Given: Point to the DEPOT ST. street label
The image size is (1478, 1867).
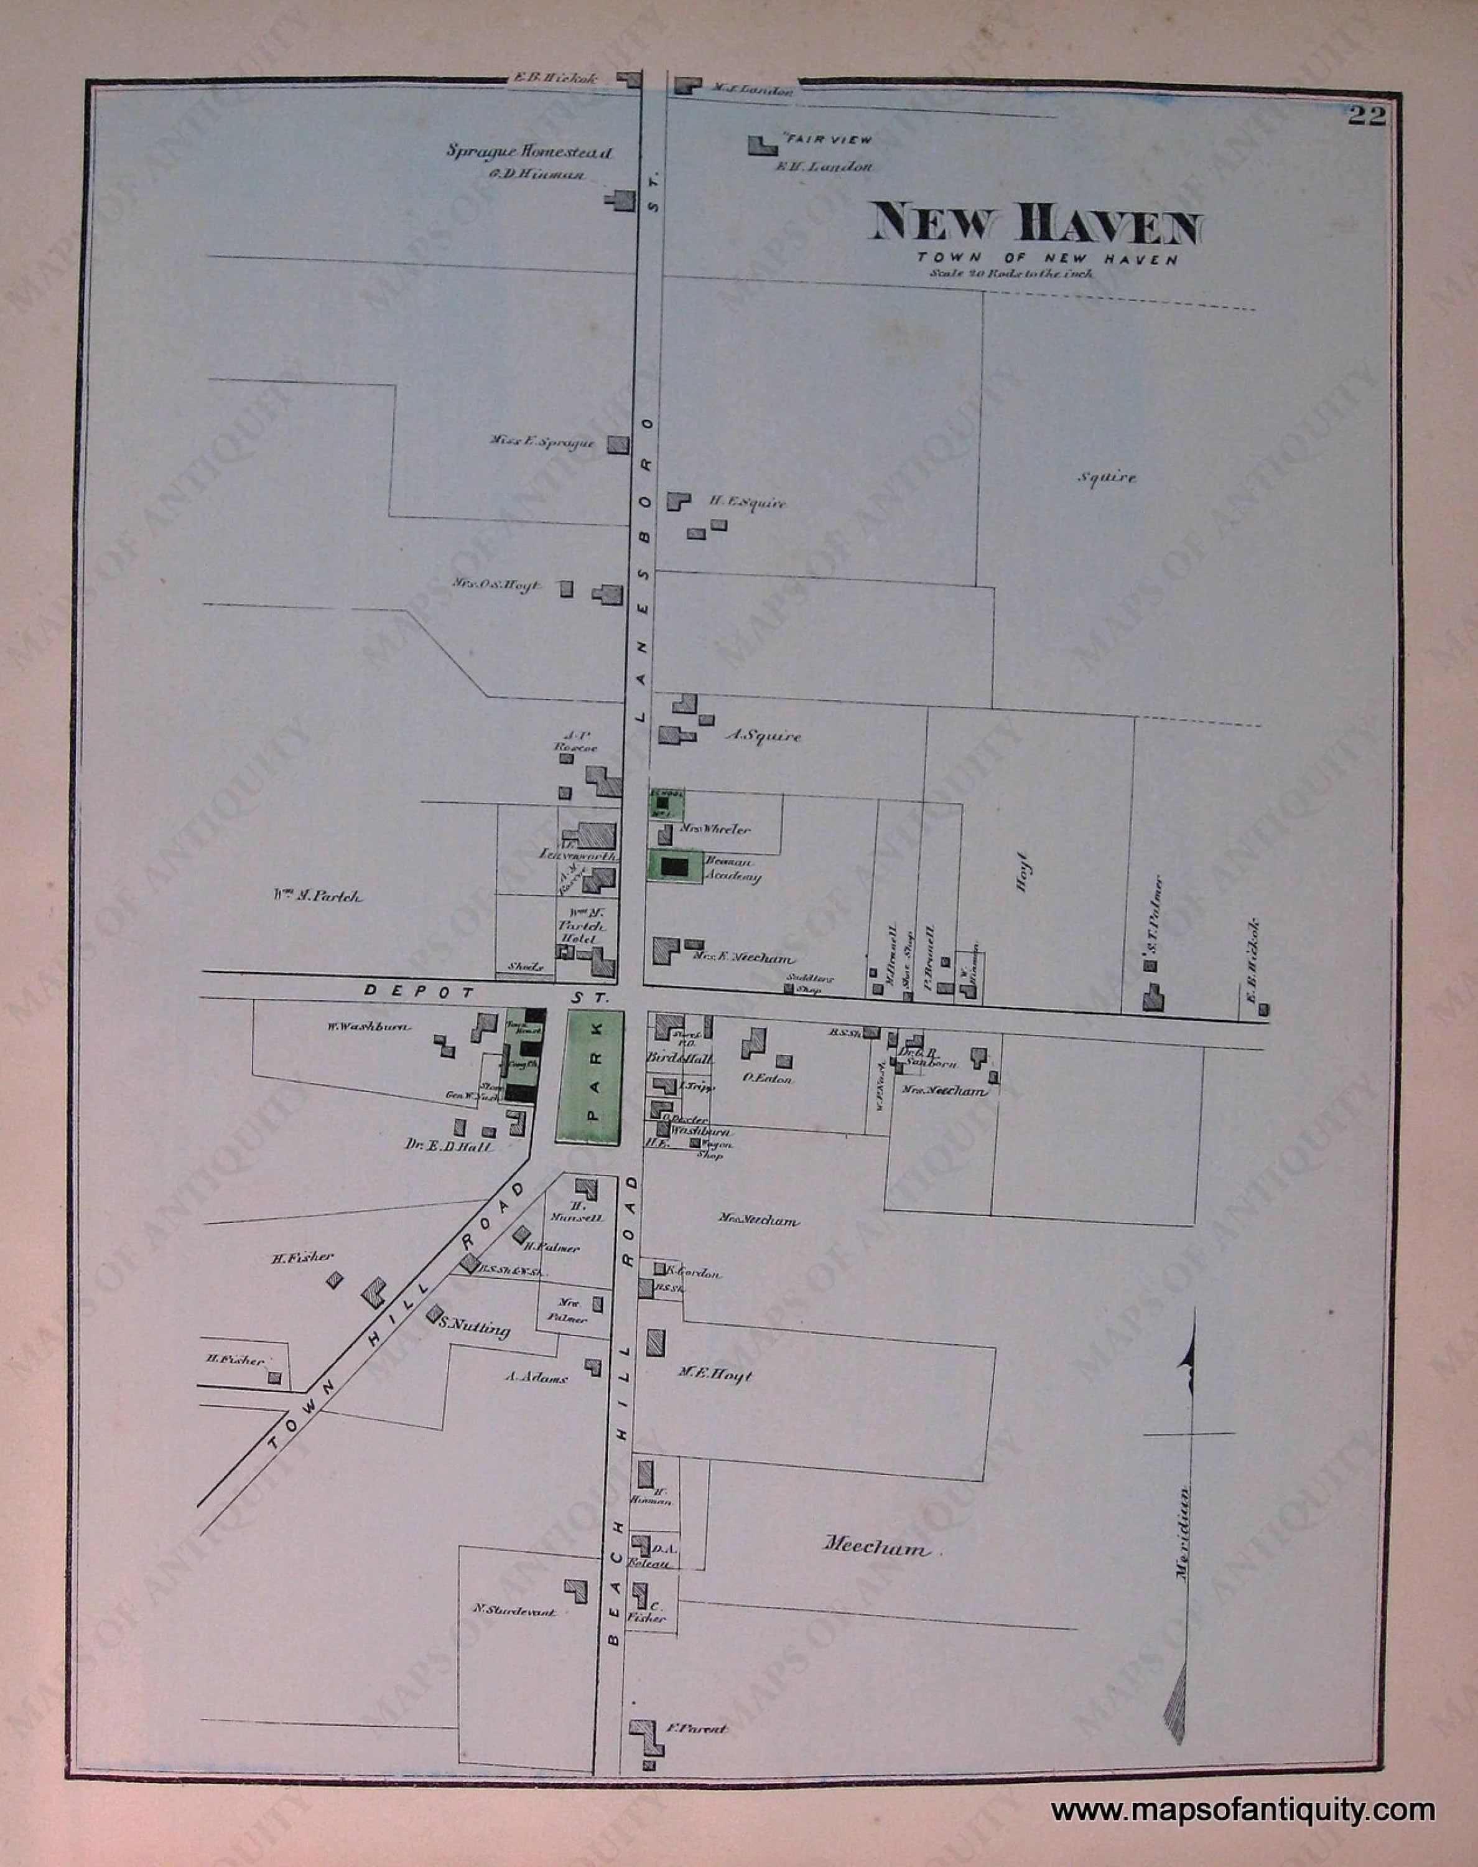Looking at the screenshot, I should coord(481,992).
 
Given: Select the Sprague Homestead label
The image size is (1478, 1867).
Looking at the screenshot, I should coord(529,151).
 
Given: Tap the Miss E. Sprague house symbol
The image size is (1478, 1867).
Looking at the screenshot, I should coord(617,445).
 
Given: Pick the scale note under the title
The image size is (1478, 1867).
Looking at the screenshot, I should coord(1011,273).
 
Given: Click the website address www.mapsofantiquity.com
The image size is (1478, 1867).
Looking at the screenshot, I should coord(1243,1810).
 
